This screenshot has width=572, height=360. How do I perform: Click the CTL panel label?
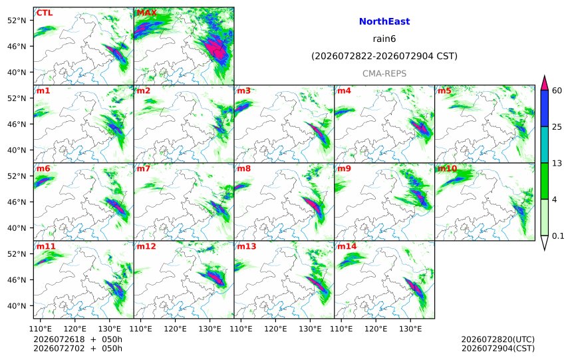tap(44, 13)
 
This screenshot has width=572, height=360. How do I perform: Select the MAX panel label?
tap(146, 13)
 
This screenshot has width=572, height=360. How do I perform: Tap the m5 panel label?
tap(444, 90)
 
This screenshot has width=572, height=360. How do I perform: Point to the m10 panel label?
tap(447, 168)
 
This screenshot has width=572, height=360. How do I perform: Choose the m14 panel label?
tap(347, 246)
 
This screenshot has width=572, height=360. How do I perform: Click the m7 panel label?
tap(144, 168)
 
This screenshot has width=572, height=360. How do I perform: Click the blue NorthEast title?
tap(384, 21)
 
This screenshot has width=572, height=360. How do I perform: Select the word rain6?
tap(384, 39)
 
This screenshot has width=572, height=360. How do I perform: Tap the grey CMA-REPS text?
tap(384, 73)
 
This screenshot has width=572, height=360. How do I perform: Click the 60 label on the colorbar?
tap(557, 90)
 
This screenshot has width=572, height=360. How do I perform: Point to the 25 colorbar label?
tap(557, 127)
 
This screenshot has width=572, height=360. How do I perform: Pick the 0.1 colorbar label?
tap(558, 236)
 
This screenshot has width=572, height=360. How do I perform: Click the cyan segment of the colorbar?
tap(544, 144)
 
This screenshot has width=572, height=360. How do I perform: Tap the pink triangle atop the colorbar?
tap(544, 84)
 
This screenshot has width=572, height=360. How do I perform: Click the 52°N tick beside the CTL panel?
tap(17, 21)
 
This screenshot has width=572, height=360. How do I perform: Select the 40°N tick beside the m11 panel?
tap(17, 306)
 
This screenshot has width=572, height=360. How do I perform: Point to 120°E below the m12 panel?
tap(175, 329)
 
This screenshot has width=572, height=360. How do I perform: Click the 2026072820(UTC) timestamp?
tap(498, 339)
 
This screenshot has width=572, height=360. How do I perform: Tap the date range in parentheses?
tap(384, 56)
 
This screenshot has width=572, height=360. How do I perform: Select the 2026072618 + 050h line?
tap(78, 339)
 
